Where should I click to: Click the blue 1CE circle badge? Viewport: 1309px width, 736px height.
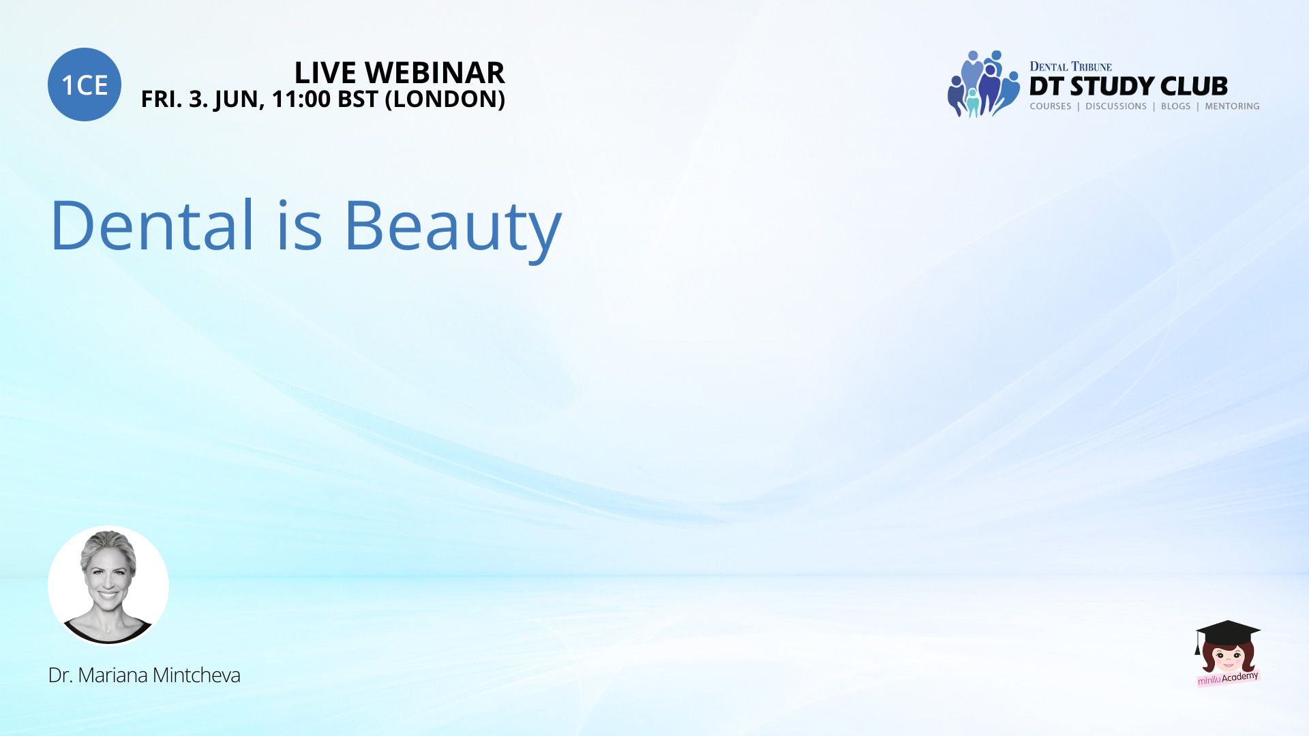coord(85,85)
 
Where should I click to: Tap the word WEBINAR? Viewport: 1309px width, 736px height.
coord(435,72)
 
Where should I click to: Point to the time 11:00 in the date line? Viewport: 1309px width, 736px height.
coord(301,99)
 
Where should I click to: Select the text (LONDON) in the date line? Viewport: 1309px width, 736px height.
coord(445,99)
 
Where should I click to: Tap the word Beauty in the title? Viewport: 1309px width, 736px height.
coord(453,228)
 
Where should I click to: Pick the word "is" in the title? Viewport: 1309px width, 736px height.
coord(300,224)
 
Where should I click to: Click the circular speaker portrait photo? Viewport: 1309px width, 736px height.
coord(108,585)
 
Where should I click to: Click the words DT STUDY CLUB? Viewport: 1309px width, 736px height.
coord(1128,86)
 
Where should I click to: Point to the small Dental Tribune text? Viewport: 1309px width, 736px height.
coord(1070,66)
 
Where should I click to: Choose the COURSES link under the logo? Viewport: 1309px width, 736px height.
coord(1051,106)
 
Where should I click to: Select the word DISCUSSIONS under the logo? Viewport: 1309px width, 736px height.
coord(1116,106)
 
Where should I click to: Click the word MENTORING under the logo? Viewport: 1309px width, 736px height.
coord(1232,106)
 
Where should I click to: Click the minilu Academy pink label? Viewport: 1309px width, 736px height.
coord(1228,678)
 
